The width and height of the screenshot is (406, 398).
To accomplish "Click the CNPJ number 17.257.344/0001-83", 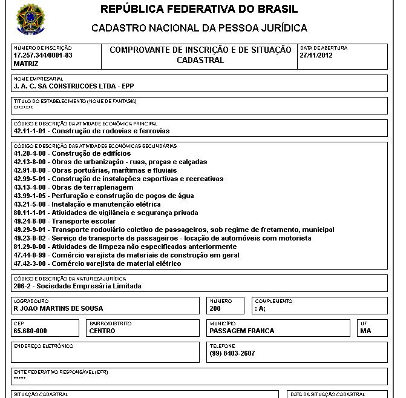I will point(43,55).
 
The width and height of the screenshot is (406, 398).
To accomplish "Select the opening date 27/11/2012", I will point(316,55).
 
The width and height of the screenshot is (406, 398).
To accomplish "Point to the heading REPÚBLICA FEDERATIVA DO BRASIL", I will point(199,10).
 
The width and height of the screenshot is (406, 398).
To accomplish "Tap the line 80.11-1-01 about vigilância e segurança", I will point(105,213).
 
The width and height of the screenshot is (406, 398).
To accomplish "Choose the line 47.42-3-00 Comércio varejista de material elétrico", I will point(97,264).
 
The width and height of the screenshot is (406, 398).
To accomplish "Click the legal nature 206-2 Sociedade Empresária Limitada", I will point(77,286).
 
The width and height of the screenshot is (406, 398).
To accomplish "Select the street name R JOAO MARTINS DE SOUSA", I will point(58,308).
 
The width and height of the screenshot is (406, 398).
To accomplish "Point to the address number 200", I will point(216,308).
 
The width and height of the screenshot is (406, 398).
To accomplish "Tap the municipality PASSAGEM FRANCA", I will point(242,331).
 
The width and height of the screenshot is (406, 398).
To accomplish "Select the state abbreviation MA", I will point(365,331).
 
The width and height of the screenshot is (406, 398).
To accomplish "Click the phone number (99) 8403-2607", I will point(232,353).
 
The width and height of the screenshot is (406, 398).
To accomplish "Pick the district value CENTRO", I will point(102,331).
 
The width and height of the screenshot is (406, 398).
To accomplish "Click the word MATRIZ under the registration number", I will point(25,63).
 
